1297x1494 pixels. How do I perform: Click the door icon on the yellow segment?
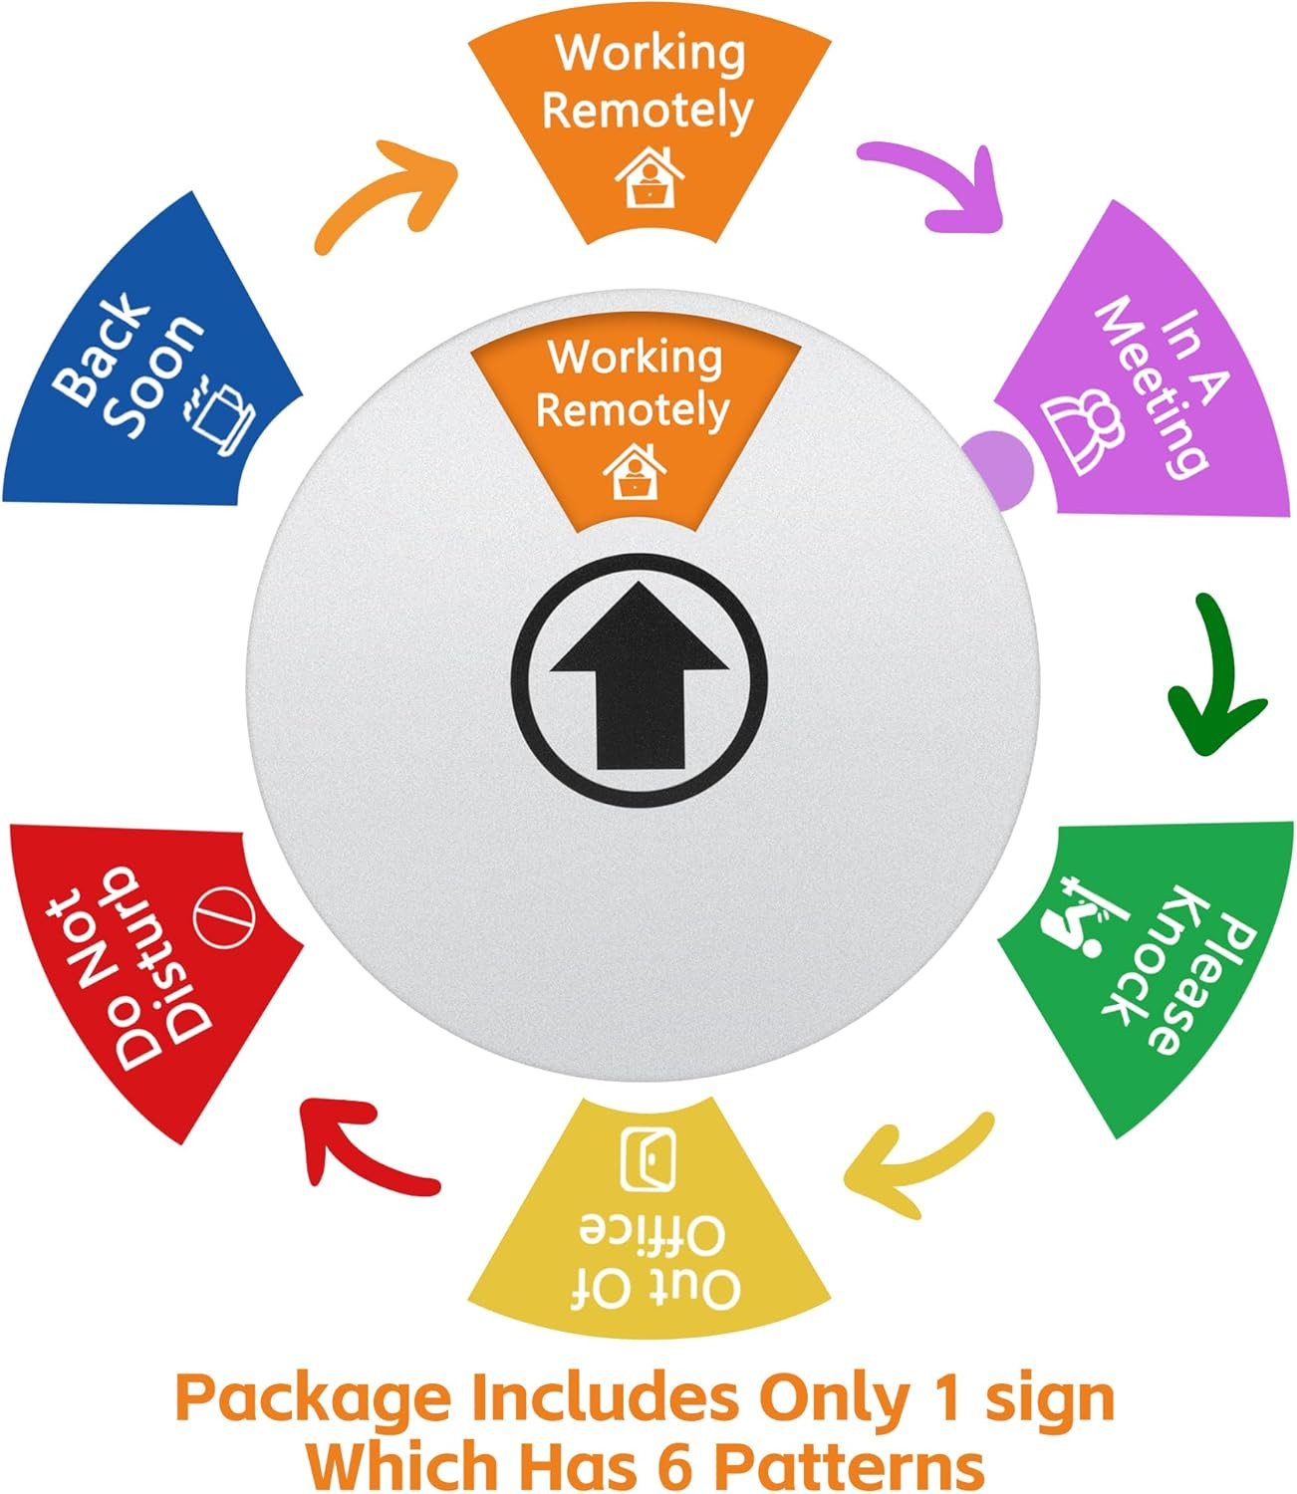pos(648,1158)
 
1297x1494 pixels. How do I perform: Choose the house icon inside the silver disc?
pos(635,472)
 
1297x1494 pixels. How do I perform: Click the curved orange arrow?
pos(384,195)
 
